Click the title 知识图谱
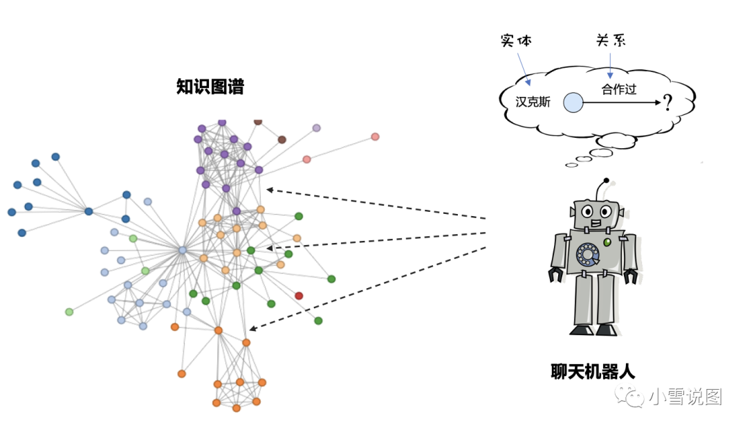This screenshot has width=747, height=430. tap(210, 87)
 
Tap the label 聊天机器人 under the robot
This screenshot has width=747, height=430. tap(592, 371)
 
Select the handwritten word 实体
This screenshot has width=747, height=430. tap(516, 41)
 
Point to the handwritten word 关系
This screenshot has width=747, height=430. tap(611, 41)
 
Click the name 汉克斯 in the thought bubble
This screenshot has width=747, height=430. tap(533, 102)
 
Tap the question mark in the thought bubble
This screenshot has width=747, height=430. tap(667, 104)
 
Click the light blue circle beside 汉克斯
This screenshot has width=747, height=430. tap(573, 103)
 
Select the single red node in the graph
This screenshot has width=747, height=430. tap(299, 296)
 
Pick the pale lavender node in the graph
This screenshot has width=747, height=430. tap(317, 128)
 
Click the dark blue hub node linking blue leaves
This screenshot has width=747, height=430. tap(89, 211)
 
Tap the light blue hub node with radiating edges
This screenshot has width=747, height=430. tap(183, 250)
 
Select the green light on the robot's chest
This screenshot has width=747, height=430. tap(607, 242)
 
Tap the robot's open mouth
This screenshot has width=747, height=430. tap(596, 223)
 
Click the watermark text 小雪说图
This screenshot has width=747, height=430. tap(685, 397)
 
